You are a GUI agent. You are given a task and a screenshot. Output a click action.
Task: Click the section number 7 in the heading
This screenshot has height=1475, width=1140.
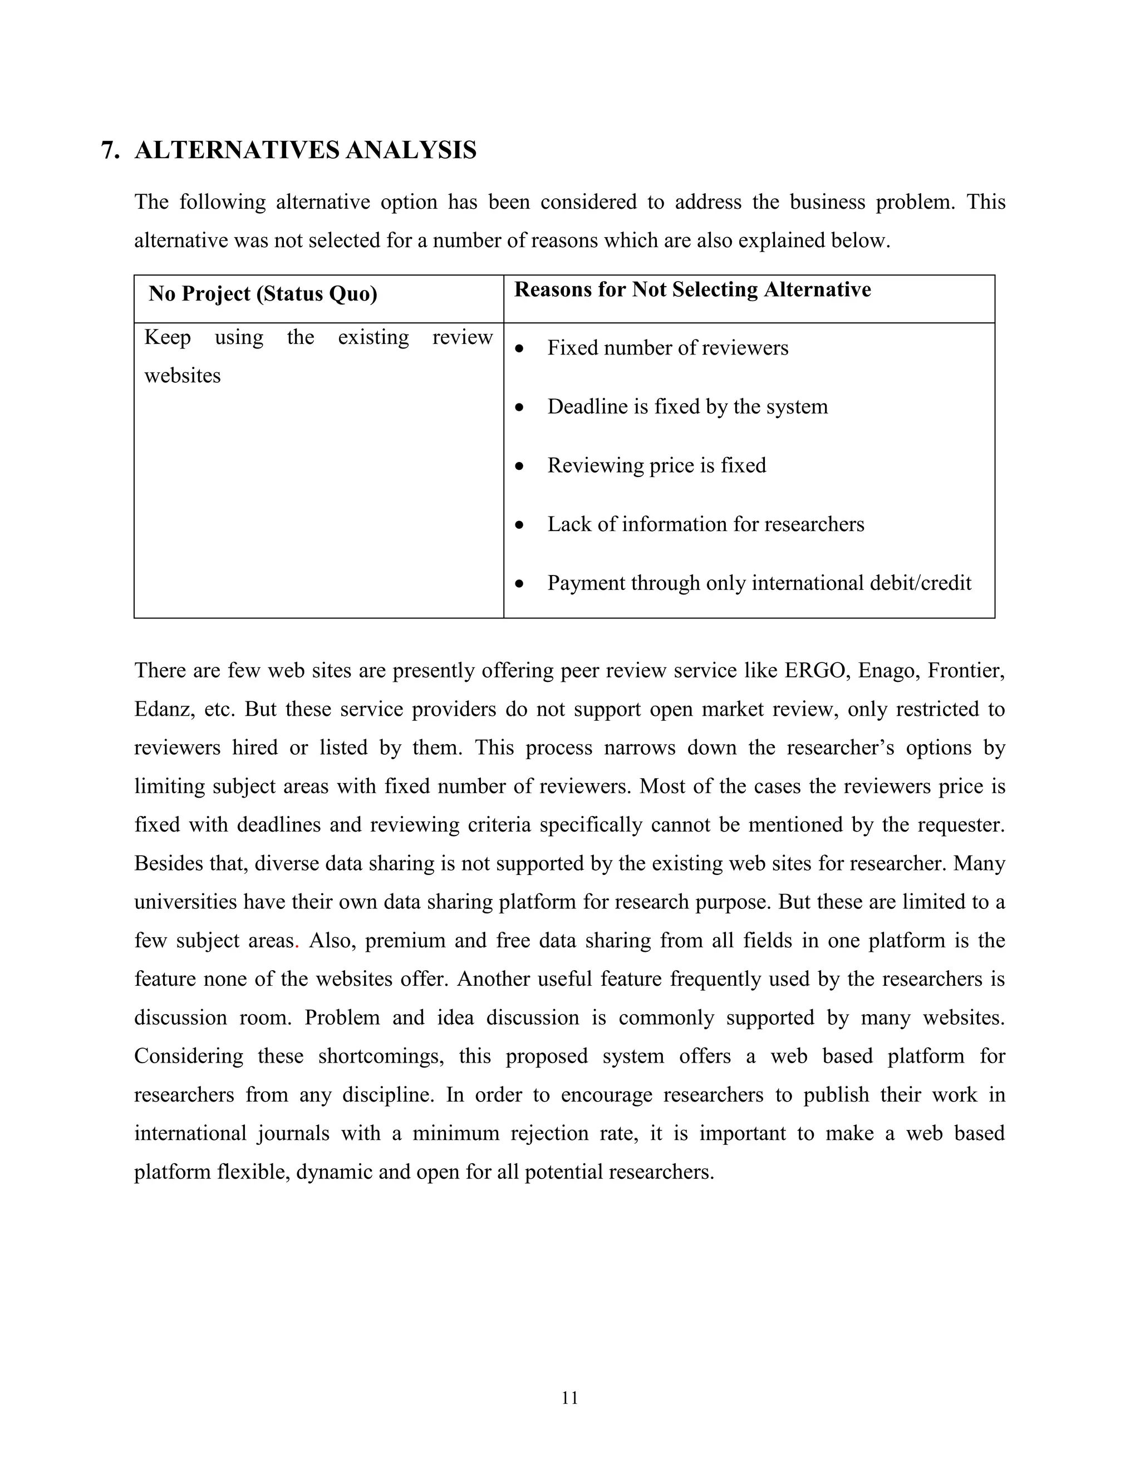click(x=107, y=150)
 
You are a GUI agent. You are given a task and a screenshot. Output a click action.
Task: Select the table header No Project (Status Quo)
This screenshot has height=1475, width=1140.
click(x=263, y=294)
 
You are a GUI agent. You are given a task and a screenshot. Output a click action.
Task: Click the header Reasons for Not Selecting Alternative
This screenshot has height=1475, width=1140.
click(x=692, y=290)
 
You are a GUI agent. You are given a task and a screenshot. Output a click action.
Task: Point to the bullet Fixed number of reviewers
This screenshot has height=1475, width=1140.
click(x=667, y=348)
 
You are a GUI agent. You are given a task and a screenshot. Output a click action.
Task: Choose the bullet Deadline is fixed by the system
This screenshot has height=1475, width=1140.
click(x=687, y=406)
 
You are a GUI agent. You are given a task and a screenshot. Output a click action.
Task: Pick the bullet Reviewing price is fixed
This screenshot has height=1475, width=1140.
click(x=656, y=465)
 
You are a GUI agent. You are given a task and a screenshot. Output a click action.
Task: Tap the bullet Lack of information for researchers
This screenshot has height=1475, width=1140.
click(x=705, y=524)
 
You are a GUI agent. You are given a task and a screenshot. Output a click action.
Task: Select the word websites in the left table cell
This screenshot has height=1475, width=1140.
click(x=183, y=376)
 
